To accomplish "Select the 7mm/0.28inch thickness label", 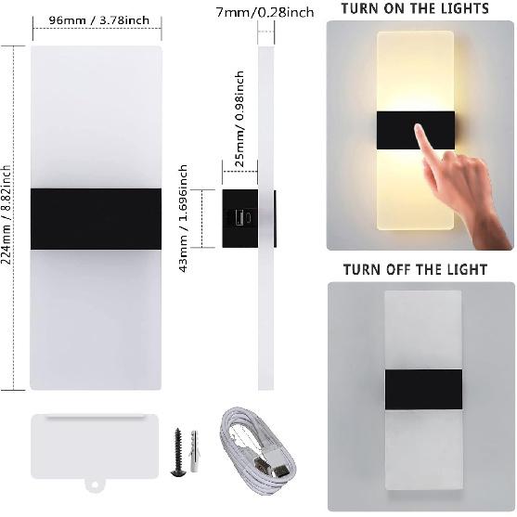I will pyautogui.click(x=264, y=12).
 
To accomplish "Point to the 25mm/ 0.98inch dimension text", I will pyautogui.click(x=239, y=116).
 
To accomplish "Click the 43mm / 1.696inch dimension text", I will pyautogui.click(x=184, y=213).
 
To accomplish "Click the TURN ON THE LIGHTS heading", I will pyautogui.click(x=415, y=9).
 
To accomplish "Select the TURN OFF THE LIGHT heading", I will pyautogui.click(x=415, y=270).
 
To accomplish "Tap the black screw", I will pyautogui.click(x=177, y=452).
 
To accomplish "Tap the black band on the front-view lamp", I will pyautogui.click(x=97, y=219).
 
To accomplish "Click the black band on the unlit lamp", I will pyautogui.click(x=423, y=387).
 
